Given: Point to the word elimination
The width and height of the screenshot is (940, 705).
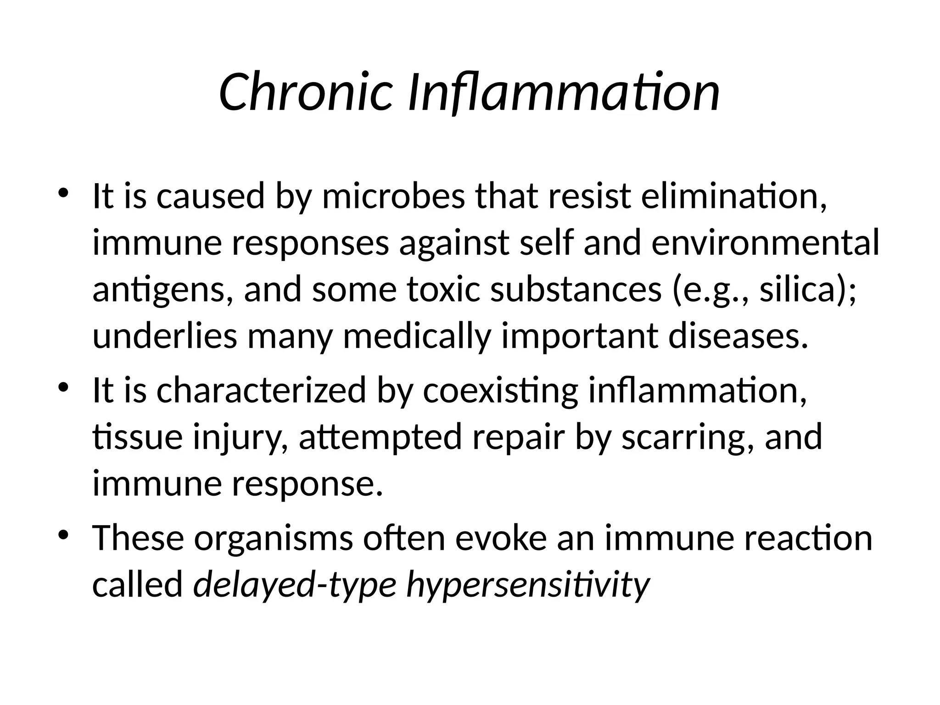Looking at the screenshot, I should [734, 196].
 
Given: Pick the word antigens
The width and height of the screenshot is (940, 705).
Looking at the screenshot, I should [163, 290].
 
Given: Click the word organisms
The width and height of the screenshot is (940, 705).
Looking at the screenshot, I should [274, 538].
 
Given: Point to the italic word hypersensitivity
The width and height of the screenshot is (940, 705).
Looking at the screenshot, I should [528, 585].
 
